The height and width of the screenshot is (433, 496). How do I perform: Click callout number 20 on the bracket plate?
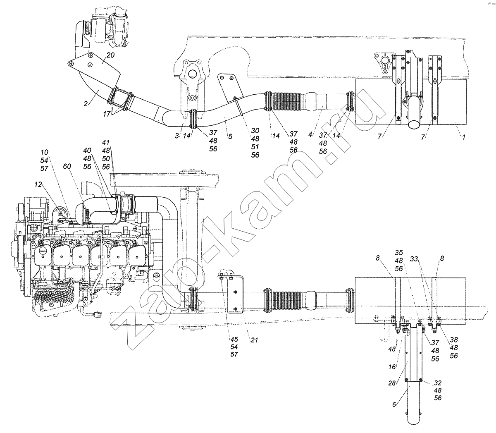click(x=110, y=55)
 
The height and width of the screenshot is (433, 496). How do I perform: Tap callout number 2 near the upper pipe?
click(x=86, y=103)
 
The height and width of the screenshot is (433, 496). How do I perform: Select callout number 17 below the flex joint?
click(x=107, y=114)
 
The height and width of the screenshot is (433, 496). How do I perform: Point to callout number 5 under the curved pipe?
click(x=230, y=136)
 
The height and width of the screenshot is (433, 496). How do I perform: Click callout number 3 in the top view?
click(x=177, y=136)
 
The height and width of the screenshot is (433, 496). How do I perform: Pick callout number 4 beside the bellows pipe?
click(x=310, y=134)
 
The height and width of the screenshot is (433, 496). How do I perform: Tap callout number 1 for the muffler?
click(x=463, y=137)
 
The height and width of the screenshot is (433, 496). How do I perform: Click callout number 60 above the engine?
click(x=67, y=166)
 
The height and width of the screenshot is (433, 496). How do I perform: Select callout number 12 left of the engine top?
click(x=38, y=184)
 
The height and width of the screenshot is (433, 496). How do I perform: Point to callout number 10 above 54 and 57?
click(x=44, y=152)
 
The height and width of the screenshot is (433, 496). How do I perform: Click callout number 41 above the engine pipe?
click(x=106, y=142)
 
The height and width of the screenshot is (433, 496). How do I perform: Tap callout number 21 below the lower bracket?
click(x=254, y=340)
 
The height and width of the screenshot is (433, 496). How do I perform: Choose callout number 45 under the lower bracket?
click(x=234, y=339)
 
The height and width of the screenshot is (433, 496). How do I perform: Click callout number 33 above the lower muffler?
click(x=414, y=259)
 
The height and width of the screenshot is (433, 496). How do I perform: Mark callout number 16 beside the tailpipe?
click(x=392, y=367)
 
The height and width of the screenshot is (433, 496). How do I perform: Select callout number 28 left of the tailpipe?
click(x=392, y=383)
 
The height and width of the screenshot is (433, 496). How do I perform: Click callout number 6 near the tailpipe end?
click(x=394, y=404)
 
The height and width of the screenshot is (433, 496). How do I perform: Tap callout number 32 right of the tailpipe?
click(x=438, y=383)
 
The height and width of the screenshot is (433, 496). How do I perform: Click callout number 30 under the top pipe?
click(x=255, y=131)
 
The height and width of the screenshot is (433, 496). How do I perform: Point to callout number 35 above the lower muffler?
click(x=399, y=253)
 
